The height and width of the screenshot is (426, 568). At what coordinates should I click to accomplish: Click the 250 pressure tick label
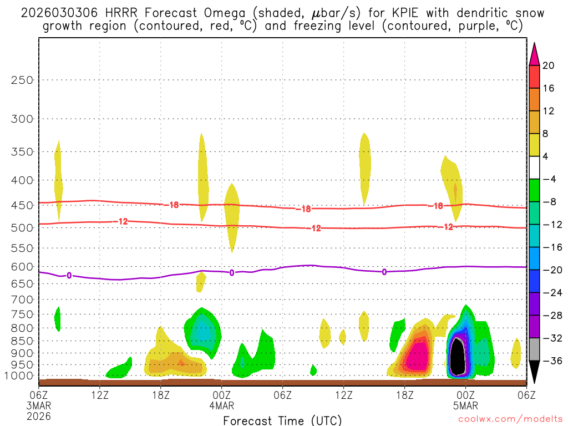coord(23,80)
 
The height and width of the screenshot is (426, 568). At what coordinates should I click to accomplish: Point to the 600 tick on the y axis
coord(23,267)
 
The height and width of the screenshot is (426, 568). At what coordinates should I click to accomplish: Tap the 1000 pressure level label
coord(21,376)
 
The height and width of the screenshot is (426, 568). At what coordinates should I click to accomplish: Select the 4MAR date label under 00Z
coord(222,405)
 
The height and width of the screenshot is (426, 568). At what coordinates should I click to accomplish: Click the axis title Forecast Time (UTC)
coord(282,420)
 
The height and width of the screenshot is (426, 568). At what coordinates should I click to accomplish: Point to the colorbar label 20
coord(549,65)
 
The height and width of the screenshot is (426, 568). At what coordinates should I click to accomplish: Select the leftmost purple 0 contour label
coord(69,275)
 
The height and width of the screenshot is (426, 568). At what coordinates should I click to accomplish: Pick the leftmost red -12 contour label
coord(123,221)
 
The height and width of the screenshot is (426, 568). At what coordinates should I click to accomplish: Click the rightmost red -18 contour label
coord(437,206)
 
